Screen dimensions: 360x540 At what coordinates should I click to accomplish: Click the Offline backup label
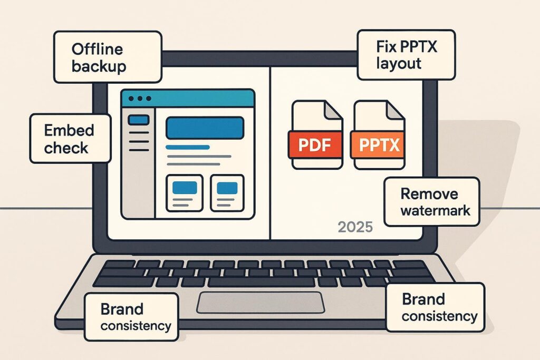(x=108, y=57)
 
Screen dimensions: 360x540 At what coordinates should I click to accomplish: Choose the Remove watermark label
(x=432, y=201)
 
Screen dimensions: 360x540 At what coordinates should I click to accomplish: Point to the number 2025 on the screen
(x=355, y=227)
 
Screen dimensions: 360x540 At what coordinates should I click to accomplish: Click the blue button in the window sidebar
(x=138, y=120)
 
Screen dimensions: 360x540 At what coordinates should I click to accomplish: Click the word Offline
(x=97, y=49)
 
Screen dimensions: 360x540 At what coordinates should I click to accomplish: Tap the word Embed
(x=69, y=130)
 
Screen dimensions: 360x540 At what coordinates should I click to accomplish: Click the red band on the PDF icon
(x=315, y=144)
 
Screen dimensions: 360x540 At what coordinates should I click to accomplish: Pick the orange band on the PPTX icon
(x=378, y=144)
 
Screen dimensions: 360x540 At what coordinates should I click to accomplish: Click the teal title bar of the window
(x=200, y=99)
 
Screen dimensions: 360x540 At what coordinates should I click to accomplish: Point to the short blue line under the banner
(x=188, y=147)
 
